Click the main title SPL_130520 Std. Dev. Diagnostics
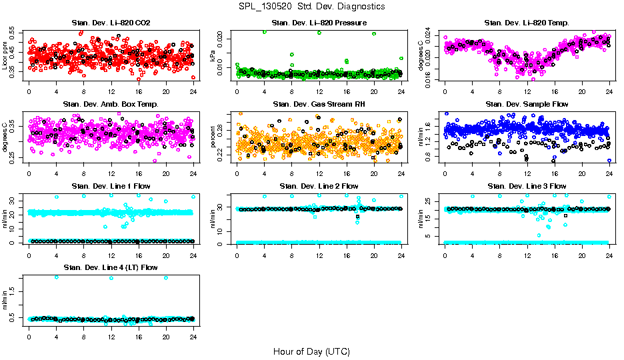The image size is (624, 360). click(311, 6)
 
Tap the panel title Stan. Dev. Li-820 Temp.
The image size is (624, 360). click(527, 23)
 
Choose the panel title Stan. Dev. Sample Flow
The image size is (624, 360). click(527, 104)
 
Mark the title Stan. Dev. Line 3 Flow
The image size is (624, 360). click(527, 186)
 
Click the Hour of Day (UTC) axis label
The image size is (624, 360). click(311, 351)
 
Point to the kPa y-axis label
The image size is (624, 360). click(213, 57)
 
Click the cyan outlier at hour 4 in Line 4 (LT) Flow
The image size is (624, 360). click(57, 277)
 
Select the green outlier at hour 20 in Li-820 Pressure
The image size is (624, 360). click(374, 33)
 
